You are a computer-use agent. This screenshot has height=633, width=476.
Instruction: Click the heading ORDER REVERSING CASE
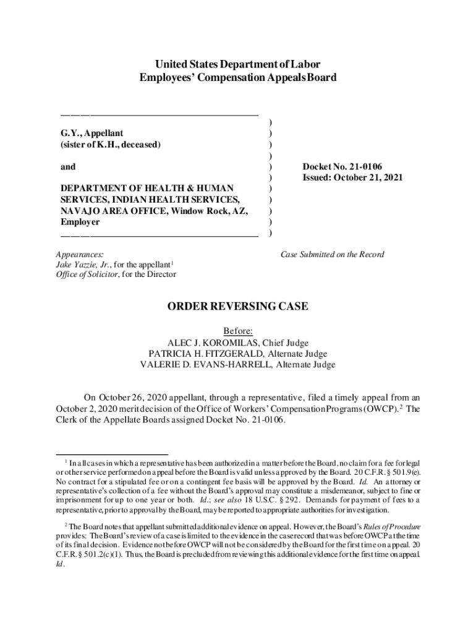click(x=238, y=307)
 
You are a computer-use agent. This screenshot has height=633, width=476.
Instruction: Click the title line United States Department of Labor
click(x=238, y=64)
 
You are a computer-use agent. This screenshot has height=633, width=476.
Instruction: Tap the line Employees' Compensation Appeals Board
click(x=238, y=78)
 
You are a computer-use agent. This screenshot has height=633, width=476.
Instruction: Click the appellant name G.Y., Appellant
click(x=91, y=133)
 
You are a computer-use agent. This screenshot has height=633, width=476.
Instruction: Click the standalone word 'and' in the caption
click(x=68, y=166)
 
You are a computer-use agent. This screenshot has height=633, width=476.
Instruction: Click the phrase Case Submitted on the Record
click(x=332, y=254)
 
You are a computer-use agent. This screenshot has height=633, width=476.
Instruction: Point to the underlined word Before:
click(x=238, y=331)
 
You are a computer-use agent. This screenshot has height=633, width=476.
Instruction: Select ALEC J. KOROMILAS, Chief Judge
click(x=238, y=342)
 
